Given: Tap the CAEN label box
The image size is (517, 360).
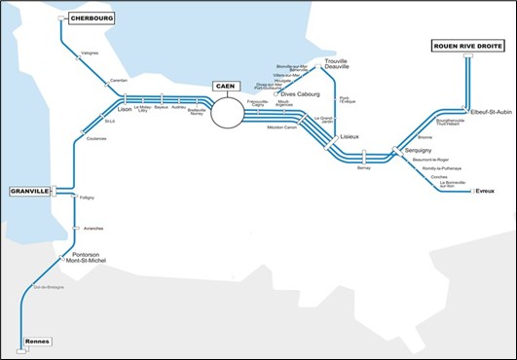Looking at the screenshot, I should pyautogui.click(x=226, y=87).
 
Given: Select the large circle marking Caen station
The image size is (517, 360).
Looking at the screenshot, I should pyautogui.click(x=230, y=112).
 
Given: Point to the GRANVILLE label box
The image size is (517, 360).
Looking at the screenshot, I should pyautogui.click(x=30, y=192).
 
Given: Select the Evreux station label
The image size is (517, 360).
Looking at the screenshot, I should pyautogui.click(x=485, y=193).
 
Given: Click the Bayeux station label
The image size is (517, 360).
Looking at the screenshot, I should pyautogui.click(x=162, y=107).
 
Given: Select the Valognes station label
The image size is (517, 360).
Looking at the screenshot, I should pyautogui.click(x=90, y=54).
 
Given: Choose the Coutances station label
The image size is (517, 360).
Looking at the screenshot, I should pyautogui.click(x=95, y=138).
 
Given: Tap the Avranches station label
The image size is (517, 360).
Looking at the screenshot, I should pyautogui.click(x=93, y=228).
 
